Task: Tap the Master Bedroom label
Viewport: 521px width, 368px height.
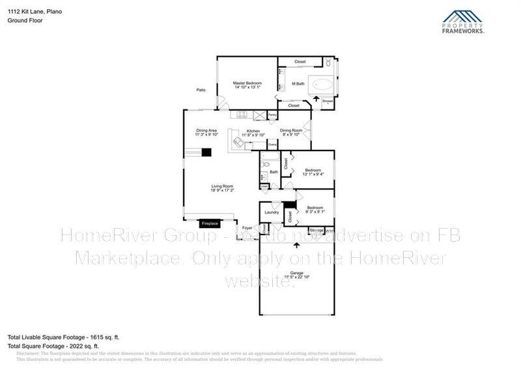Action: [x=247, y=84]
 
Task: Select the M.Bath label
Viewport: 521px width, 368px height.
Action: [x=298, y=84]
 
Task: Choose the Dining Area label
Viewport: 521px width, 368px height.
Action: [x=206, y=132]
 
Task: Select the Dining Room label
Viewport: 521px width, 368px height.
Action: [x=290, y=132]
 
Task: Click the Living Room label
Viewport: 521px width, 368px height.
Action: [x=221, y=187]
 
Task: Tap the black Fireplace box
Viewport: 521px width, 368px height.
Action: [x=209, y=223]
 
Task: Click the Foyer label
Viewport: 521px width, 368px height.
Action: [x=247, y=227]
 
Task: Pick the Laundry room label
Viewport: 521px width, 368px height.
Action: [x=272, y=212]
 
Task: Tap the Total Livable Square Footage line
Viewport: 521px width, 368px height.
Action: [x=63, y=337]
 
